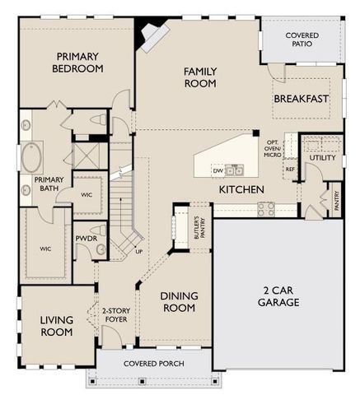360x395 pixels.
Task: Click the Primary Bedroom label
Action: click(79, 63)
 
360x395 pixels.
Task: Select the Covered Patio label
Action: click(302, 40)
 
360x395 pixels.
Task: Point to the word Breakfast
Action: click(301, 99)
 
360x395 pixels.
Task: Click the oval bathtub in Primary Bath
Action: click(32, 154)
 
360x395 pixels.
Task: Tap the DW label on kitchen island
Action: click(218, 170)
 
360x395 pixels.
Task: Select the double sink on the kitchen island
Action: click(236, 170)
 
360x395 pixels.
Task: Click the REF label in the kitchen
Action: click(289, 170)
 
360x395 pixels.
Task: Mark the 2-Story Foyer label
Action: click(115, 317)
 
